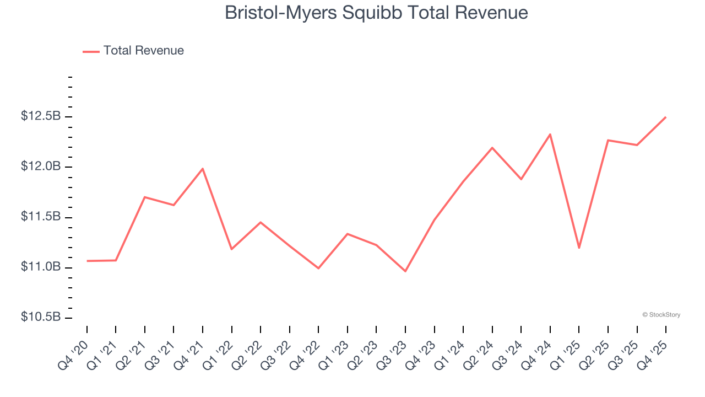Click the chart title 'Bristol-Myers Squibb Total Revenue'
376,13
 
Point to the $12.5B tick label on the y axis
41,116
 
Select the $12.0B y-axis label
41,167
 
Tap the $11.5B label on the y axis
41,217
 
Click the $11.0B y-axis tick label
41,267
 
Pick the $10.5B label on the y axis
41,317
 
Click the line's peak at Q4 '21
203,169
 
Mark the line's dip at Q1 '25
579,248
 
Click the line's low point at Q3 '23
405,271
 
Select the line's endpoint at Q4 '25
665,117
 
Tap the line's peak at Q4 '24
550,135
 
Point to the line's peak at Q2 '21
144,197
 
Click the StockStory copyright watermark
661,315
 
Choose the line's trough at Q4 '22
318,268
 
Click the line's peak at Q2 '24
492,148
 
